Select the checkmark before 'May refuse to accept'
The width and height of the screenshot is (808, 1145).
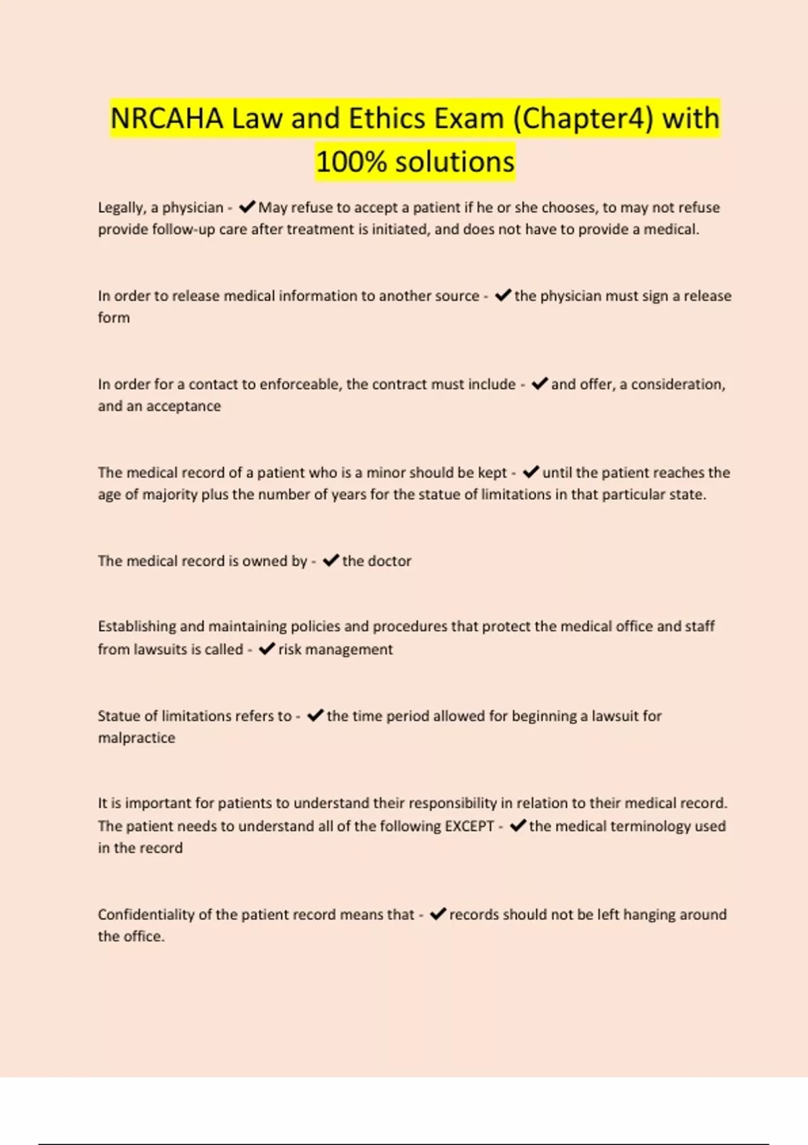coord(246,207)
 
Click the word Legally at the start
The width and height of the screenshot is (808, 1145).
coord(121,207)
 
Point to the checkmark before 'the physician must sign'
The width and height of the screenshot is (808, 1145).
coord(502,295)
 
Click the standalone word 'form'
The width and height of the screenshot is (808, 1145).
coord(114,317)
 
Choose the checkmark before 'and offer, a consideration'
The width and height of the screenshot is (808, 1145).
coord(539,383)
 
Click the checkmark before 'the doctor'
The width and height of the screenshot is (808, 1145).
coord(330,560)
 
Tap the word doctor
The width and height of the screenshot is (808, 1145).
coord(390,560)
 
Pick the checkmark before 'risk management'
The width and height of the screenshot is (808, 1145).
coord(267,649)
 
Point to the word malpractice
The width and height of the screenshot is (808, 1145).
coord(137,738)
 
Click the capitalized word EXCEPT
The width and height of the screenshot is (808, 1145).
coord(469,826)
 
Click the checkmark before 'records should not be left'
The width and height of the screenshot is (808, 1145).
coord(438,914)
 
